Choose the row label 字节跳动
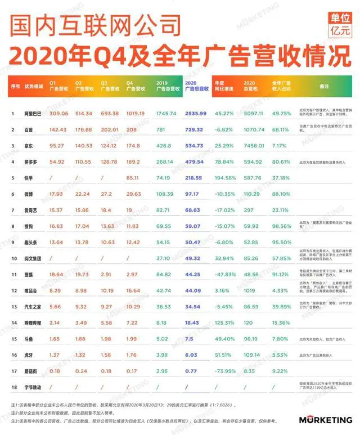click(x=33, y=388)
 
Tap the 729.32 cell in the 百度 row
click(x=195, y=129)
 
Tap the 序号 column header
click(x=14, y=86)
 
